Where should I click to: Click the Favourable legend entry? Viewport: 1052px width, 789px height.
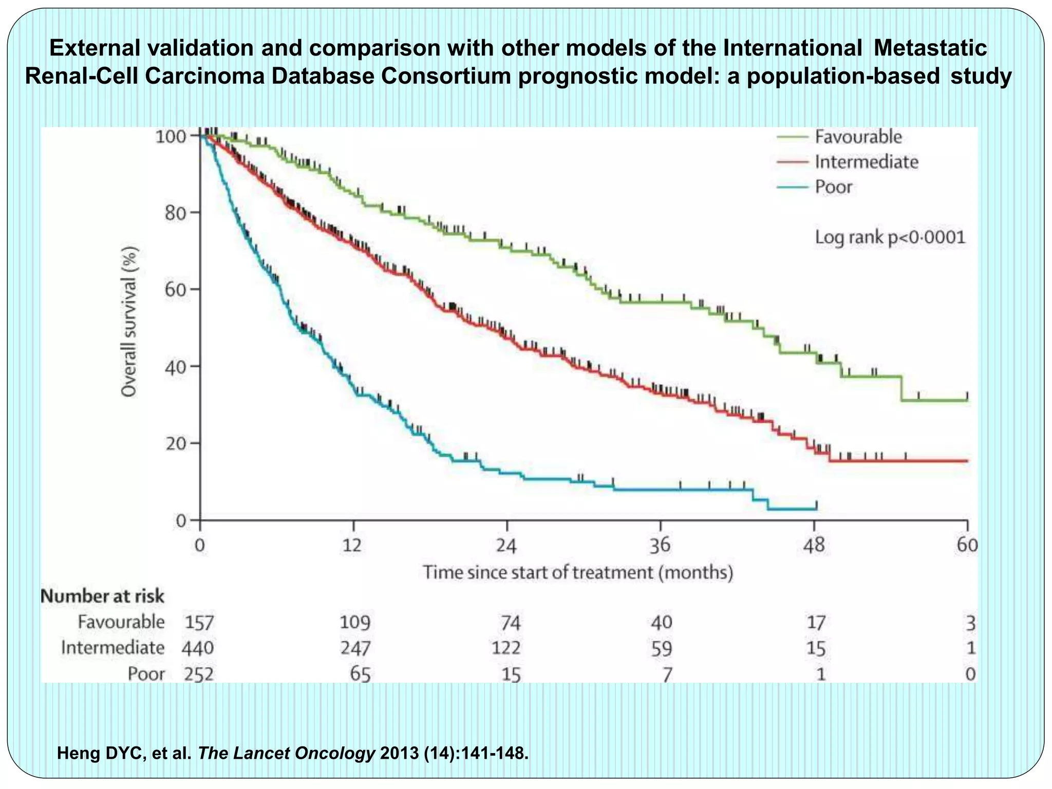(x=858, y=137)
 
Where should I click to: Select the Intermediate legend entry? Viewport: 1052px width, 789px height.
(x=866, y=162)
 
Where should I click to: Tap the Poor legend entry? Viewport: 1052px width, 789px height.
(x=833, y=187)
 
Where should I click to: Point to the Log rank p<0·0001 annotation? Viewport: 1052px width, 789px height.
(x=890, y=237)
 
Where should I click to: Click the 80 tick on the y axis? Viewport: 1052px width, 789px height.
(x=175, y=212)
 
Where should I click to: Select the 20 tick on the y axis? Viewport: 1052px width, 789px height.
(x=175, y=443)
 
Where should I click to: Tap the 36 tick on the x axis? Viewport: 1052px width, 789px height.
(x=660, y=544)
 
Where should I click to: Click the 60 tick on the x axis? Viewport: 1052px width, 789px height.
(x=967, y=544)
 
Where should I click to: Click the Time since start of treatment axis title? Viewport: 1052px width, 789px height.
(x=577, y=572)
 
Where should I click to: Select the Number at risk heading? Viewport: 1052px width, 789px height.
(x=102, y=596)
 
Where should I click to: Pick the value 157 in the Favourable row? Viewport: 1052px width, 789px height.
(x=199, y=623)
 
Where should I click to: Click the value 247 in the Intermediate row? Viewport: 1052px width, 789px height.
(x=355, y=648)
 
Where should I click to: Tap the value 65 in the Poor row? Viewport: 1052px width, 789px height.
(x=360, y=674)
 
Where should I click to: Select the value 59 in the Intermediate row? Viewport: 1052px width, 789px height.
(x=661, y=648)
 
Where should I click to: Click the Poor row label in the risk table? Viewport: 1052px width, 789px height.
(x=146, y=674)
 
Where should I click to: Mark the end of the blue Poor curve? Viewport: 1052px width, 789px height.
(x=816, y=508)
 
